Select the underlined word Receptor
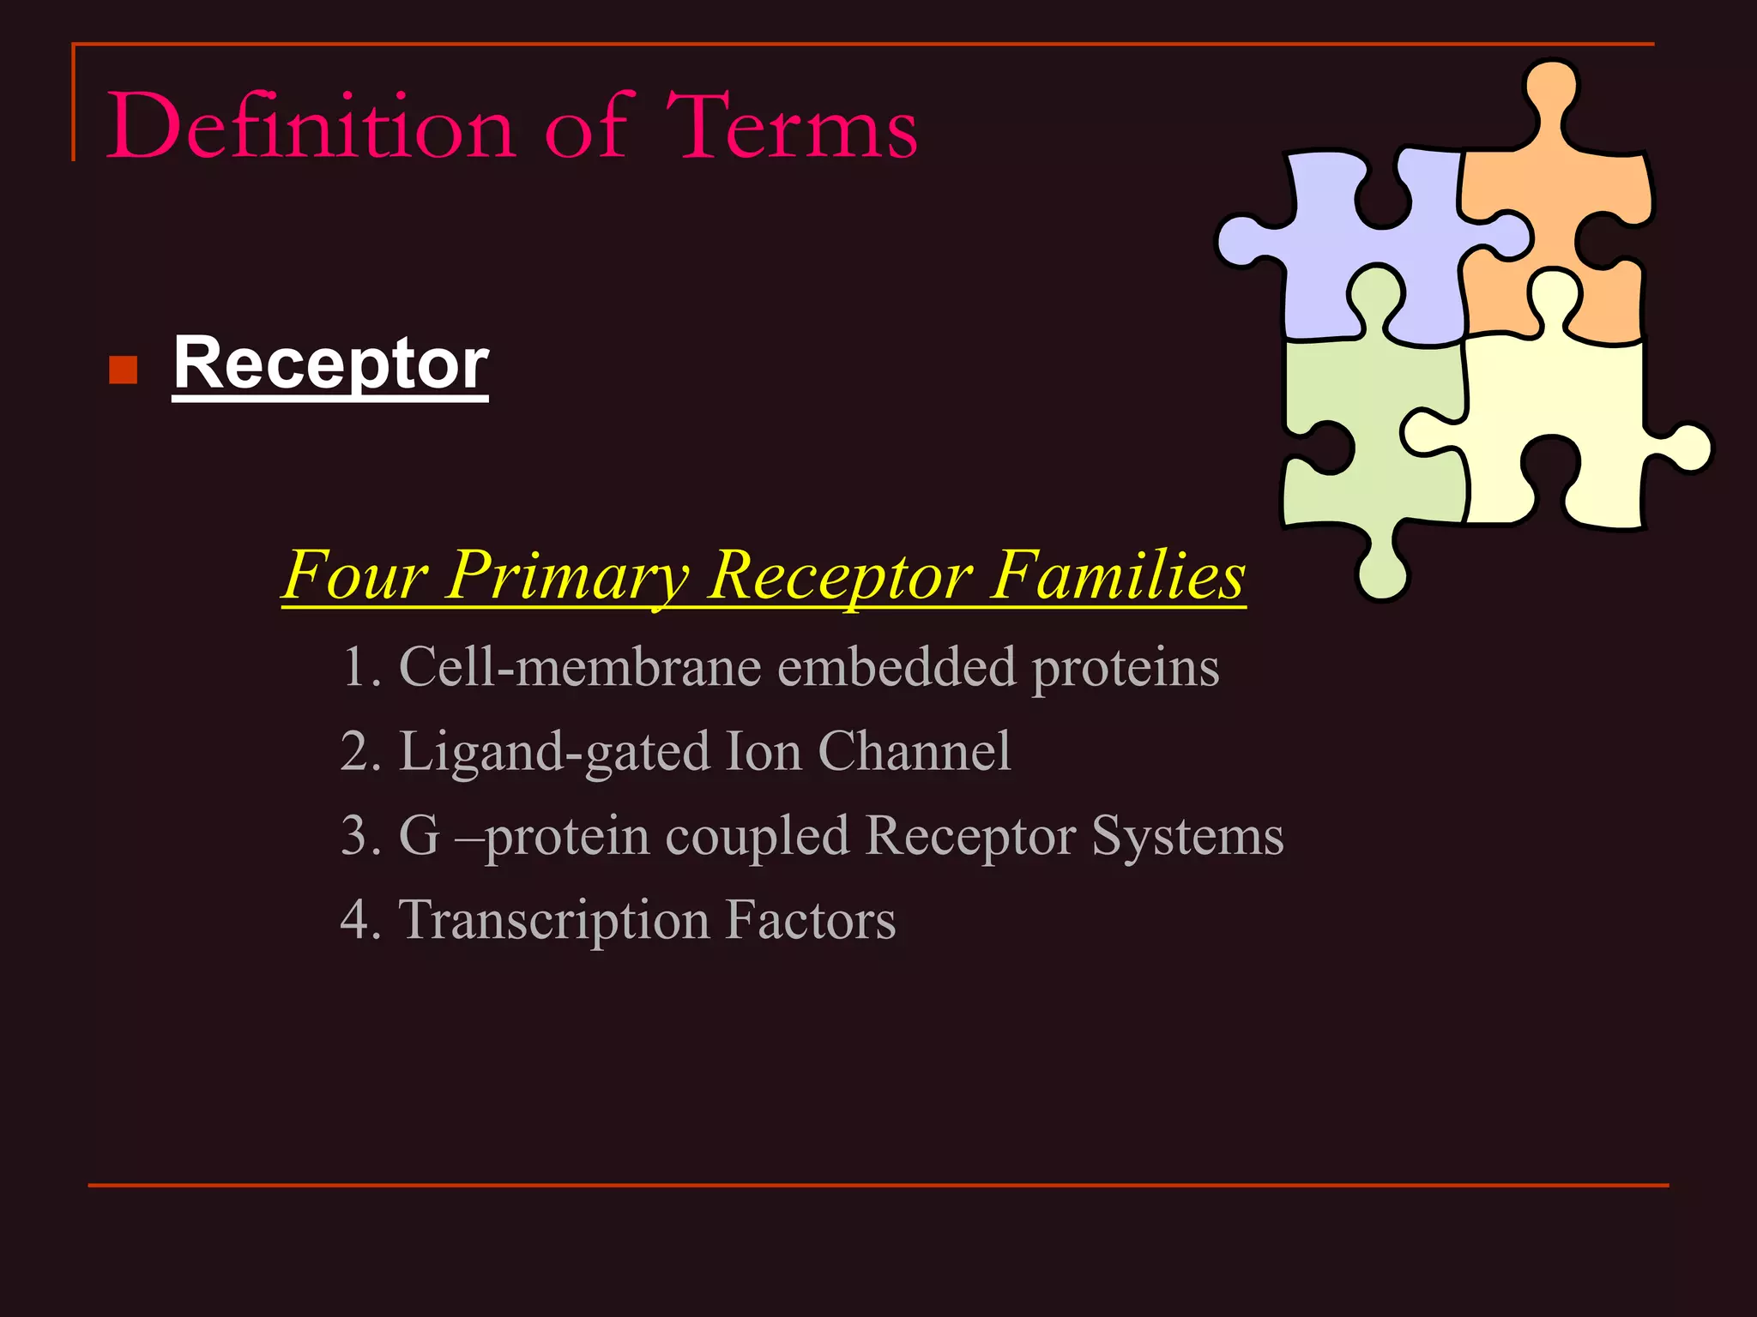coord(330,364)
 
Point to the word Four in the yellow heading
coord(354,575)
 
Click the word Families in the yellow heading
coord(1119,575)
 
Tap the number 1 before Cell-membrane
coord(353,667)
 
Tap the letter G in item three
coord(420,835)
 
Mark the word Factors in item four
coord(810,919)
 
